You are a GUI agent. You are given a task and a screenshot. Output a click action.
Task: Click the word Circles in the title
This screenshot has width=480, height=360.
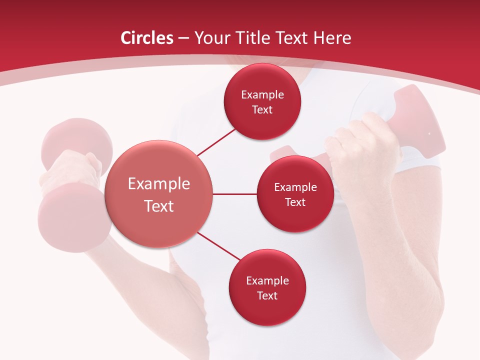click(x=146, y=38)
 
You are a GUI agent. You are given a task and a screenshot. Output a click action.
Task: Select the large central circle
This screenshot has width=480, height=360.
click(x=159, y=194)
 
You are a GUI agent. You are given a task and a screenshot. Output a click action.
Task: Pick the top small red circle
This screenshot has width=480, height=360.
click(x=262, y=101)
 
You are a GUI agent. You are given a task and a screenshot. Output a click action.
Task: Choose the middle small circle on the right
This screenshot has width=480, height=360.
click(x=295, y=194)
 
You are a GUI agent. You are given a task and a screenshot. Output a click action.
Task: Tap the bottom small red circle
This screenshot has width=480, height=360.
click(x=267, y=287)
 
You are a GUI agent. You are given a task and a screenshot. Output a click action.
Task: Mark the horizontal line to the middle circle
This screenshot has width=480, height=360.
click(x=234, y=194)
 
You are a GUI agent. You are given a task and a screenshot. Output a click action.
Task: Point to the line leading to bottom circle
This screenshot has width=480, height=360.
click(x=219, y=246)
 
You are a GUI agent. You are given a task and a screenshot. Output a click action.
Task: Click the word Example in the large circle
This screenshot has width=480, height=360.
click(x=159, y=184)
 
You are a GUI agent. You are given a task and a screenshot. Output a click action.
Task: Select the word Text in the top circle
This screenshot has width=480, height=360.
click(x=262, y=110)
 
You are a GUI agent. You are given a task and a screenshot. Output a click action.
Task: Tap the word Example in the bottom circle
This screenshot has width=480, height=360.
click(x=267, y=280)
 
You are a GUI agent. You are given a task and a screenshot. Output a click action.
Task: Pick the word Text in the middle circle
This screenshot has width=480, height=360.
click(x=295, y=202)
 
